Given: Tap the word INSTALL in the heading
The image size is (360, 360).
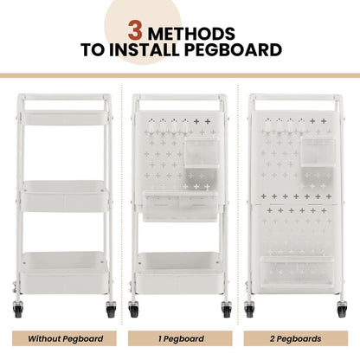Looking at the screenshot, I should pos(154,51).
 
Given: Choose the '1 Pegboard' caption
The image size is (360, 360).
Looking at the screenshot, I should pos(180,338).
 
